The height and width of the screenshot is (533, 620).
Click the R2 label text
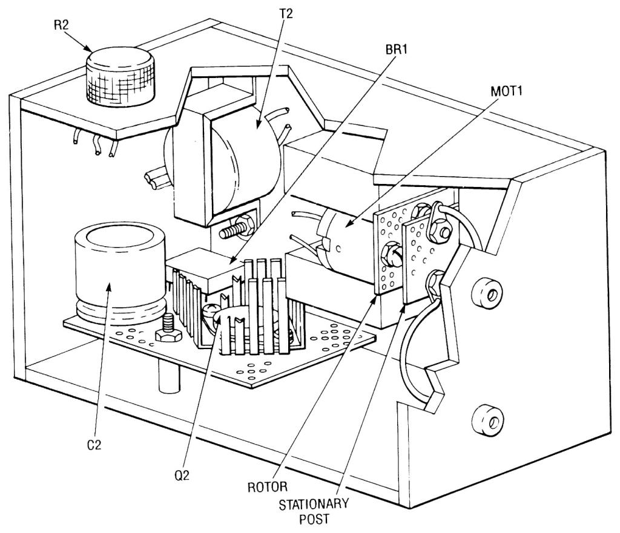(61, 25)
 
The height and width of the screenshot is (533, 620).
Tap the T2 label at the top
(286, 14)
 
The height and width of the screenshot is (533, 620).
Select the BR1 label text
(396, 50)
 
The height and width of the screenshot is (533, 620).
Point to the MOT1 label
(507, 91)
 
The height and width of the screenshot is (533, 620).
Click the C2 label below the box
(94, 445)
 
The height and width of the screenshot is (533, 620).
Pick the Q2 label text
(182, 475)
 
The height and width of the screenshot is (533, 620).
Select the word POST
(314, 518)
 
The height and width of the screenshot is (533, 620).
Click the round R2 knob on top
(120, 76)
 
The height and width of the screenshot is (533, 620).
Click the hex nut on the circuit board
(169, 336)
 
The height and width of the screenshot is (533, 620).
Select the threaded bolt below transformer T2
(234, 229)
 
